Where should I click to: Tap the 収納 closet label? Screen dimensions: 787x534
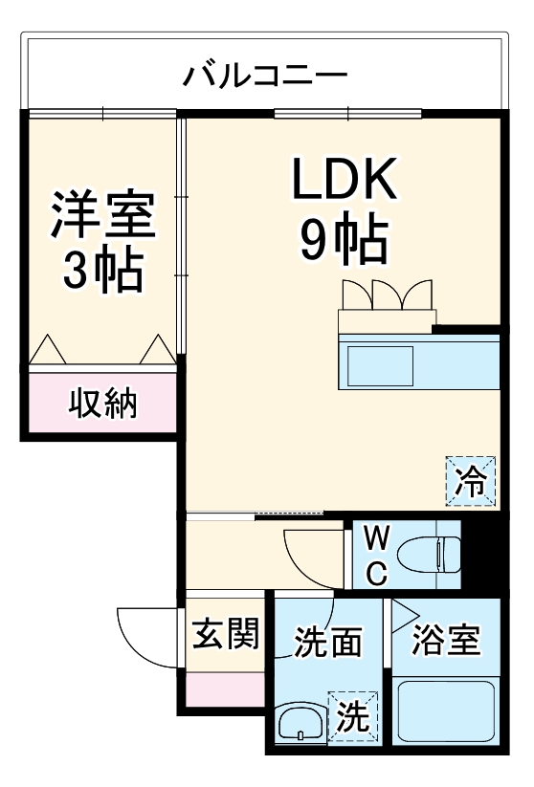tap(102, 404)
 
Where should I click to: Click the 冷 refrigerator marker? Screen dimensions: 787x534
tap(472, 478)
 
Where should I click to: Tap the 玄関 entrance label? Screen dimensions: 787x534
tap(226, 634)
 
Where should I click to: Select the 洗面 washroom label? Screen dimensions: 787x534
tap(327, 642)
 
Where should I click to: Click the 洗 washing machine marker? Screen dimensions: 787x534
tap(350, 717)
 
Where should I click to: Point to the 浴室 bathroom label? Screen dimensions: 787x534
tap(445, 640)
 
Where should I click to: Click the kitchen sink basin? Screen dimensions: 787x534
tap(379, 366)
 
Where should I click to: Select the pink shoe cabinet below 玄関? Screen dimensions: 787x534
tap(226, 689)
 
